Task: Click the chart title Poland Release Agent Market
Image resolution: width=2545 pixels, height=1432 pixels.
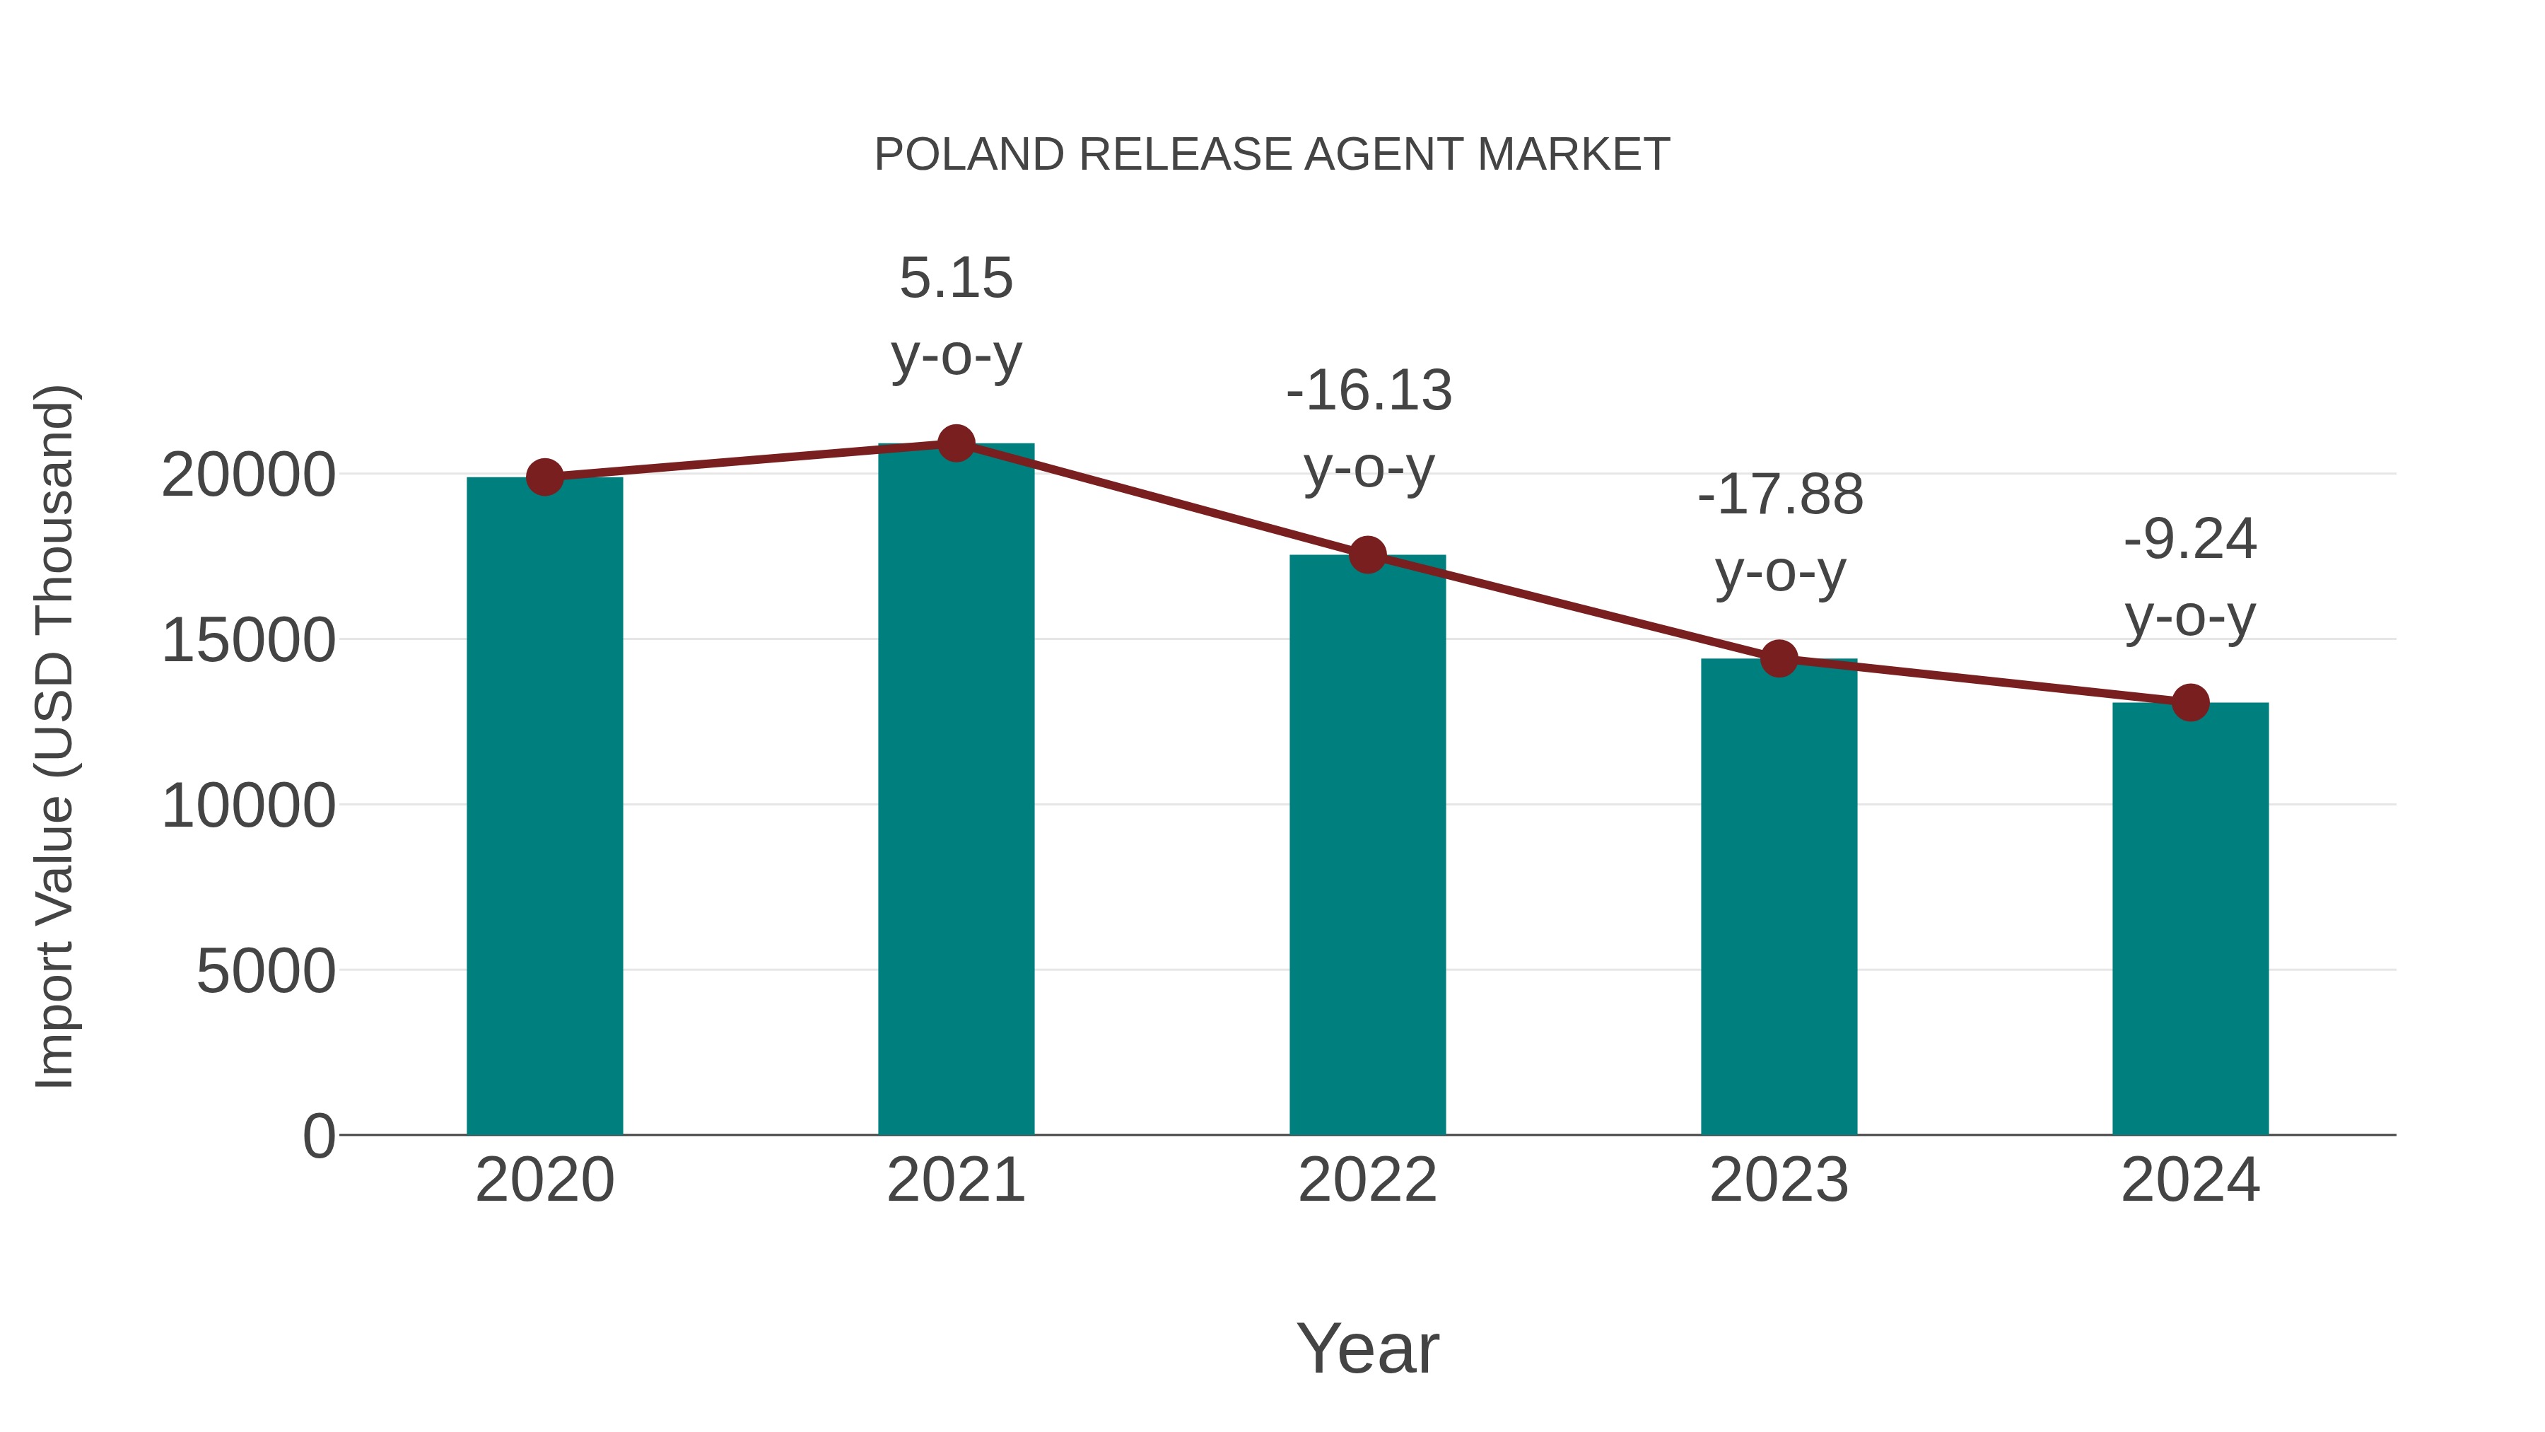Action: click(x=1272, y=155)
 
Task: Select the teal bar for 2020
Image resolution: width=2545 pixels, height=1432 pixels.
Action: click(x=544, y=805)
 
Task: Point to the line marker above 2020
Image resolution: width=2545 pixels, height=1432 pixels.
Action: click(x=544, y=477)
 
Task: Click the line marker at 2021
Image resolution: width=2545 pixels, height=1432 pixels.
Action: click(x=955, y=443)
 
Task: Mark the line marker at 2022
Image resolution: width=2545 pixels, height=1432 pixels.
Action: click(x=1367, y=555)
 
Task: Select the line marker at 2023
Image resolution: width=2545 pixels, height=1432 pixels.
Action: click(x=1779, y=658)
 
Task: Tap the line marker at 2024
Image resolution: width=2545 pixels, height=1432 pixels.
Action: click(x=2190, y=703)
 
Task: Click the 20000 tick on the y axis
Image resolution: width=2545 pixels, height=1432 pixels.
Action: click(x=248, y=475)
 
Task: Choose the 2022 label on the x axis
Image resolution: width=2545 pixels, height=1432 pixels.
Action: click(x=1367, y=1180)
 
